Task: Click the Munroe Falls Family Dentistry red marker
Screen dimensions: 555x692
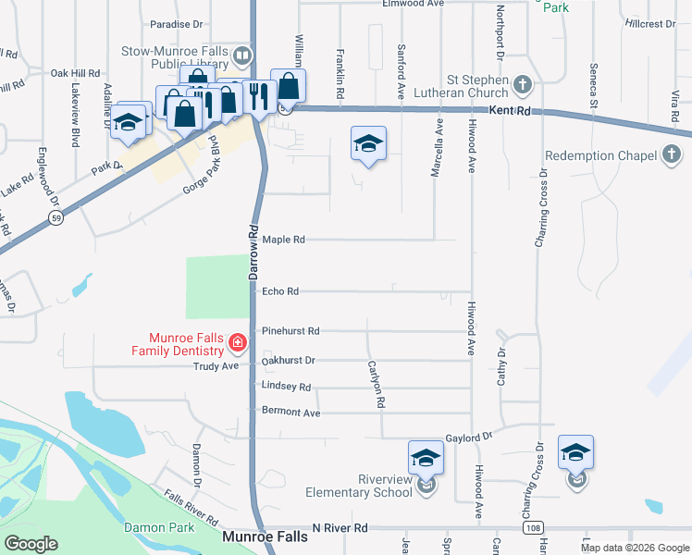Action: tap(237, 343)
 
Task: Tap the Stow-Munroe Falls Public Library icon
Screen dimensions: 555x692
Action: tap(242, 55)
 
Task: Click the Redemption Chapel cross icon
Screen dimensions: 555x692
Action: tap(673, 155)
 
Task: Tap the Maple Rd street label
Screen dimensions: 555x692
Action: tap(283, 240)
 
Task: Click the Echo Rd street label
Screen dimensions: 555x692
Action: tap(280, 291)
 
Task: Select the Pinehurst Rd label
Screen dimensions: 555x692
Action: tap(290, 330)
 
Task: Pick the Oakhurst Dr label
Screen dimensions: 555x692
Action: tap(289, 360)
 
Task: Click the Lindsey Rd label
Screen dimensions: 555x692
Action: tap(286, 387)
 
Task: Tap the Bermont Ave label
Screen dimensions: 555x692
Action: tap(290, 412)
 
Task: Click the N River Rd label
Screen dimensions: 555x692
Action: tap(340, 527)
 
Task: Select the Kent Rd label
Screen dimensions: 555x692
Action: tap(511, 110)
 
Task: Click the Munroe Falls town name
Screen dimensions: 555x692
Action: tap(264, 536)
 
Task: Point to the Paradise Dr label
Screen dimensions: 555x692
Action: tap(176, 24)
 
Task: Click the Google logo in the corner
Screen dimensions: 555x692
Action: tap(31, 543)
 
